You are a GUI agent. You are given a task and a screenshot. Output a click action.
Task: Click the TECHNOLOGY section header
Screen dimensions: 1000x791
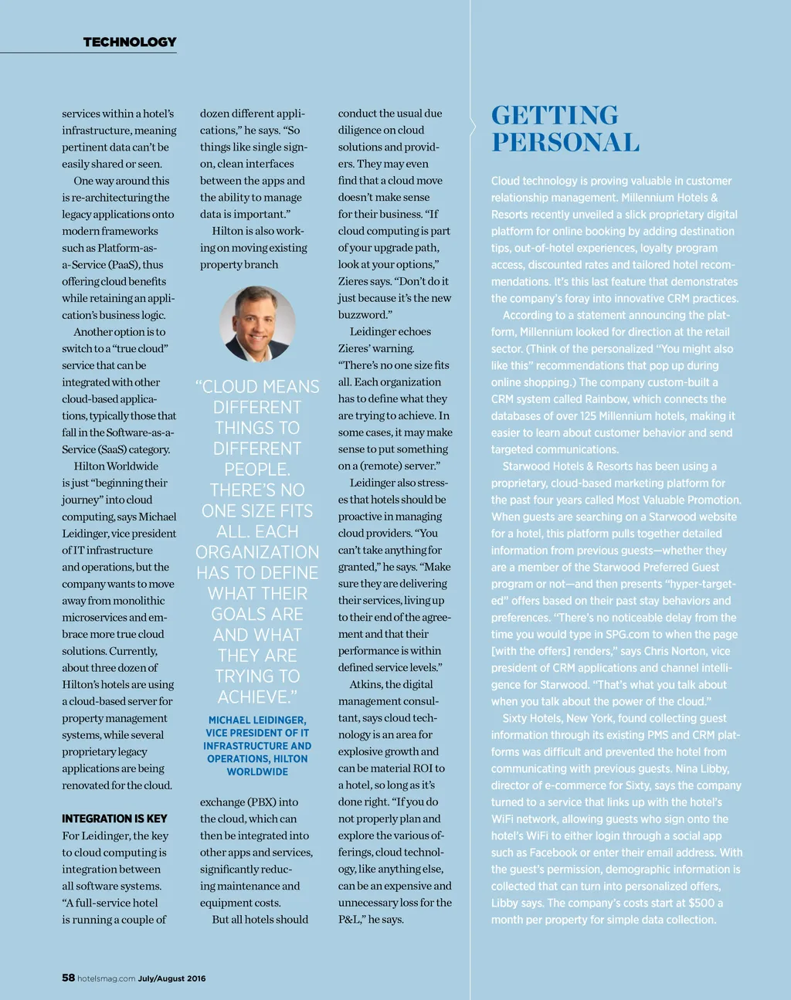click(130, 42)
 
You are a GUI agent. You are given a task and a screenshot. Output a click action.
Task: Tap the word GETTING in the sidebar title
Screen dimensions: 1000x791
click(555, 115)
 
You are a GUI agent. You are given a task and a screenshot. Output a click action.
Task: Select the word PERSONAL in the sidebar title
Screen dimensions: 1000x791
click(565, 143)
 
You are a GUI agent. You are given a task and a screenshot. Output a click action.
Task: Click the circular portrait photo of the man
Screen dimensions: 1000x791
click(257, 324)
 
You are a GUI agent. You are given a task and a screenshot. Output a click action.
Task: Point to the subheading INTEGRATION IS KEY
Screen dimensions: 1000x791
click(114, 819)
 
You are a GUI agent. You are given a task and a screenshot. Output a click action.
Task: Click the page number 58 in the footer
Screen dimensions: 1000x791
click(69, 978)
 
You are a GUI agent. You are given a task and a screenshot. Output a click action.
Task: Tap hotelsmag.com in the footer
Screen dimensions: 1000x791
click(107, 978)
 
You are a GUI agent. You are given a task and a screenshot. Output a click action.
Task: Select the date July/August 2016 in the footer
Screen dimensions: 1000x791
click(172, 978)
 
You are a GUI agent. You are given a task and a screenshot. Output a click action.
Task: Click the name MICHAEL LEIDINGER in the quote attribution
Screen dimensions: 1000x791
click(257, 720)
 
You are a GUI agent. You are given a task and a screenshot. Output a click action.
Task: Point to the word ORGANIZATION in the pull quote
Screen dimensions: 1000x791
click(257, 552)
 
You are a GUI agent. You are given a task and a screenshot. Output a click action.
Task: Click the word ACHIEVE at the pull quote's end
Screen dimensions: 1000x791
click(255, 697)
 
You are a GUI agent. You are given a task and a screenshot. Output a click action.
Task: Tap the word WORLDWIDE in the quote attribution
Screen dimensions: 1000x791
click(257, 772)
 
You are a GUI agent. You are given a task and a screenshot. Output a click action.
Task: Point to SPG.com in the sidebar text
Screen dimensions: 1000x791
click(626, 634)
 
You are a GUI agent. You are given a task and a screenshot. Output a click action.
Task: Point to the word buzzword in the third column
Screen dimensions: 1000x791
click(363, 315)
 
